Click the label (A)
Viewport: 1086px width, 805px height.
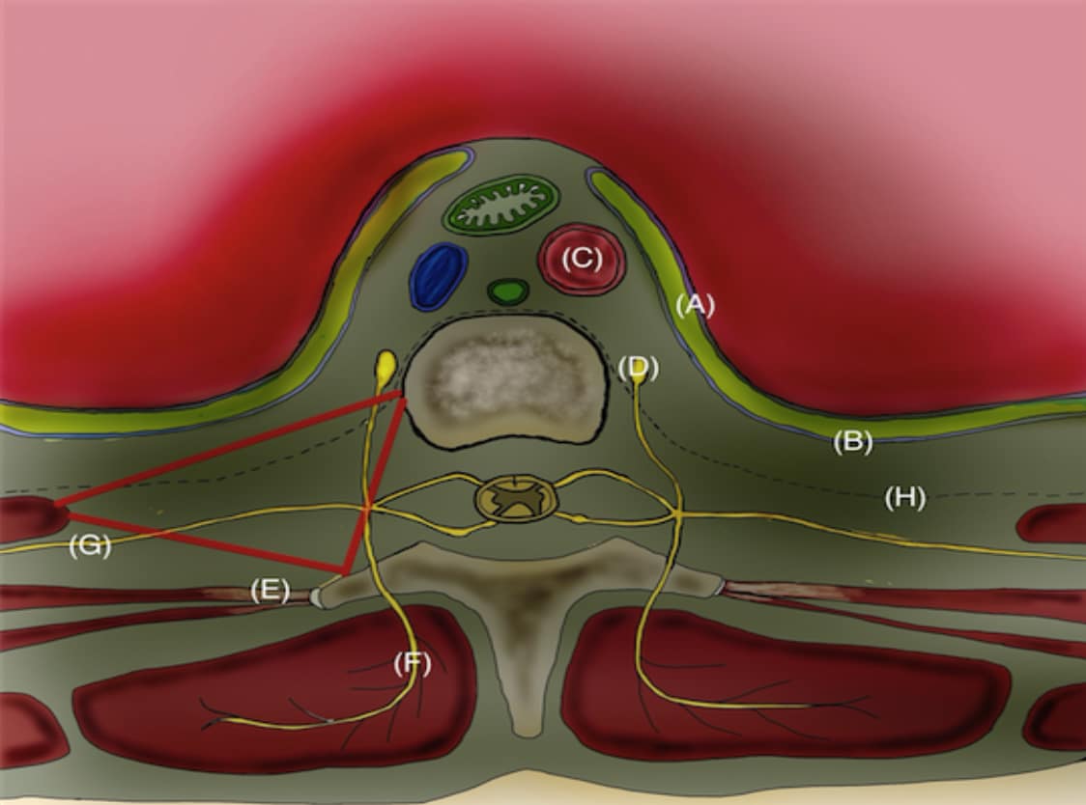(x=695, y=305)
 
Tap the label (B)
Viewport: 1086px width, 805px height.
(x=852, y=442)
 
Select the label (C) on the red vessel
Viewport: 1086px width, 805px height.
(x=582, y=259)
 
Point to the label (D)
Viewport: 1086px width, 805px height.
(x=639, y=368)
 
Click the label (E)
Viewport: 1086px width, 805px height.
(x=271, y=591)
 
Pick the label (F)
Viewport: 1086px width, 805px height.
(x=413, y=664)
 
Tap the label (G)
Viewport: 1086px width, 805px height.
(x=90, y=546)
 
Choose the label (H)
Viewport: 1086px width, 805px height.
(x=904, y=498)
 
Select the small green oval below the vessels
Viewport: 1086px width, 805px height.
(x=508, y=291)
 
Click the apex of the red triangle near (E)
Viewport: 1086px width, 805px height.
(x=344, y=573)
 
